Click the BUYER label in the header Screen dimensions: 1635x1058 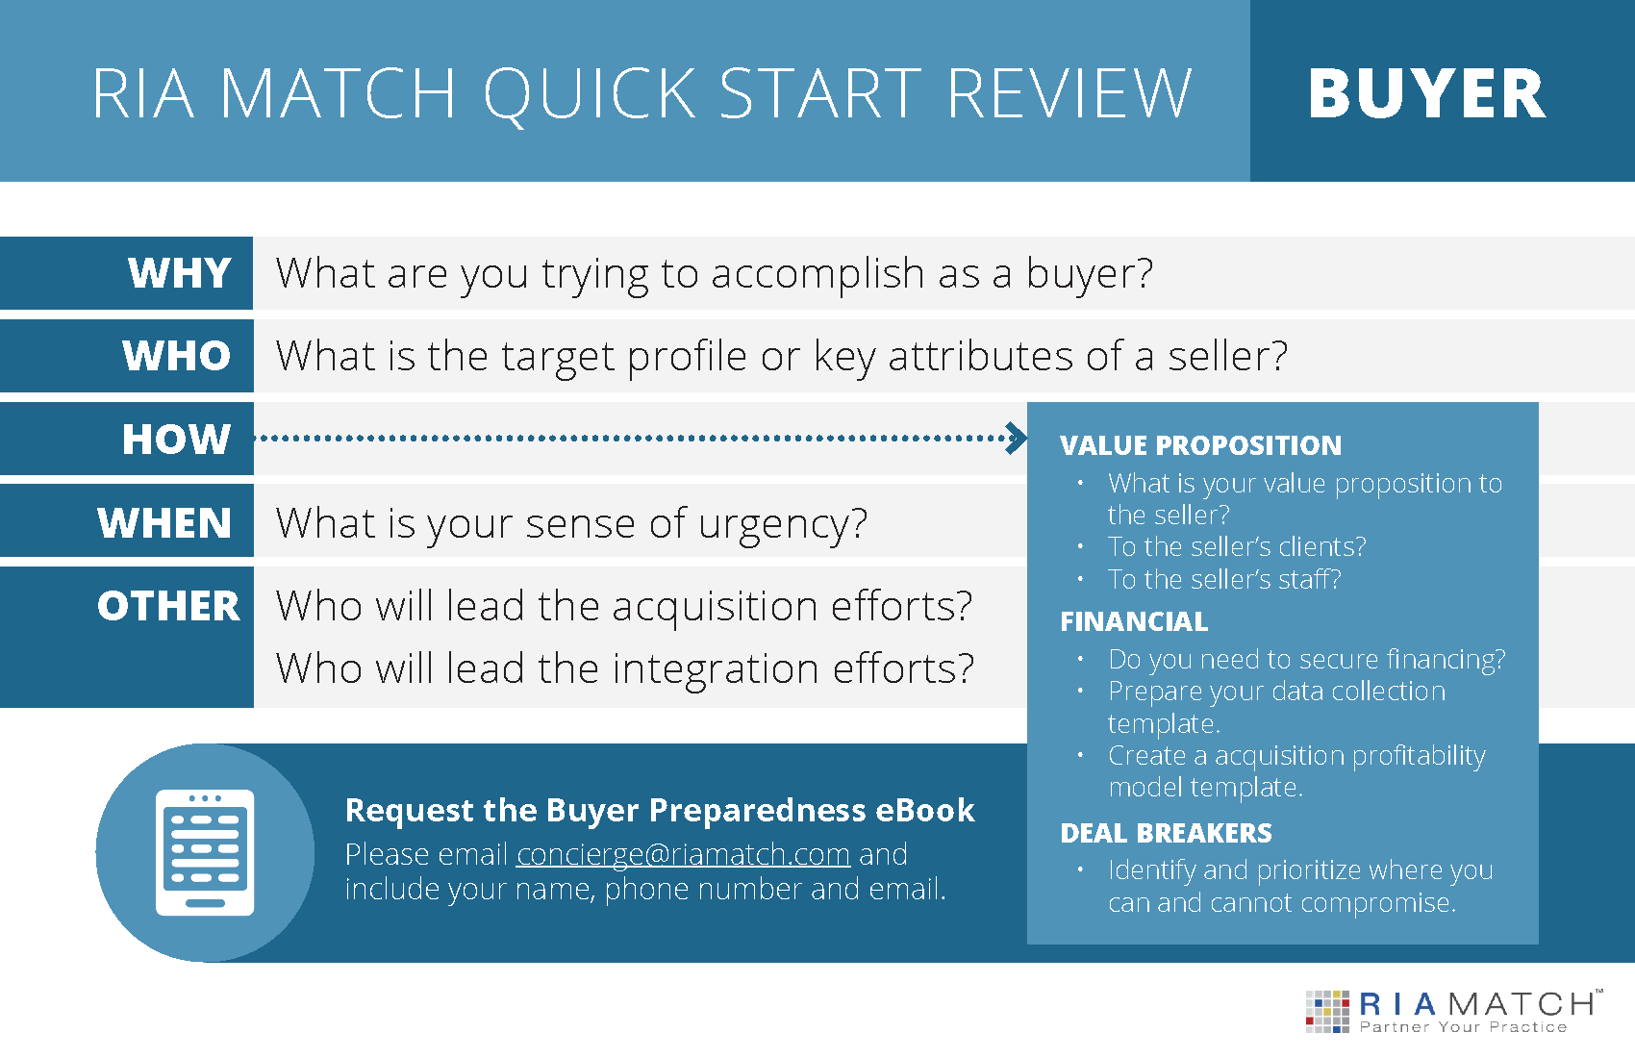click(1426, 93)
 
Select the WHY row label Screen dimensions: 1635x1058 click(180, 273)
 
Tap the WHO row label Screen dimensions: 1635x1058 click(177, 356)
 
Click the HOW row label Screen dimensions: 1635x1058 click(177, 439)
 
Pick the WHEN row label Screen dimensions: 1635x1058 click(164, 523)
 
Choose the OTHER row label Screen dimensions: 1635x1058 click(168, 606)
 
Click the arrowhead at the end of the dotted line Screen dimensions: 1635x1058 click(1017, 438)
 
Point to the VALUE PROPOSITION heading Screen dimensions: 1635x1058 click(1200, 445)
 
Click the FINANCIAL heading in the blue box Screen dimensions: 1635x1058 click(1134, 621)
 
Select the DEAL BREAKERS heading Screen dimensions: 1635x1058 click(1166, 833)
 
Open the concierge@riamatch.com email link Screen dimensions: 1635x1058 click(683, 855)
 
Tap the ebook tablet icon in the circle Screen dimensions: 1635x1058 click(205, 852)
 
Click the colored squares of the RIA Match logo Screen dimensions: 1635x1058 click(1327, 1012)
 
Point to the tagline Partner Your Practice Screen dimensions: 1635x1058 click(1463, 1027)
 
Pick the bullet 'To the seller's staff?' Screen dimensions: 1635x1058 click(1224, 579)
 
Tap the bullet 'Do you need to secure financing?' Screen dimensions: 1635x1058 click(1306, 660)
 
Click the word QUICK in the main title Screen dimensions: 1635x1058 click(590, 94)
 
